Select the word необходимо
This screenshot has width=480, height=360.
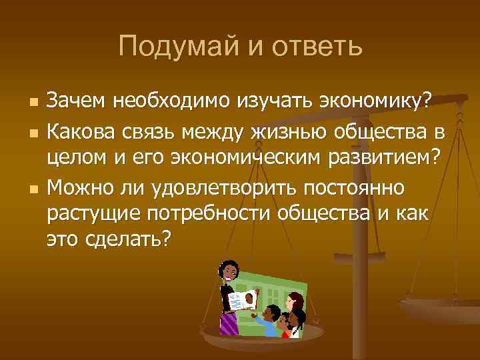pyautogui.click(x=173, y=101)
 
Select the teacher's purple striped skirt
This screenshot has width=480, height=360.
pyautogui.click(x=230, y=323)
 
